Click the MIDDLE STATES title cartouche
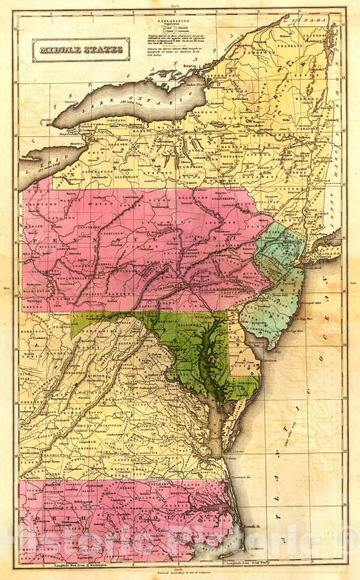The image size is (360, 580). coord(80,49)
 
